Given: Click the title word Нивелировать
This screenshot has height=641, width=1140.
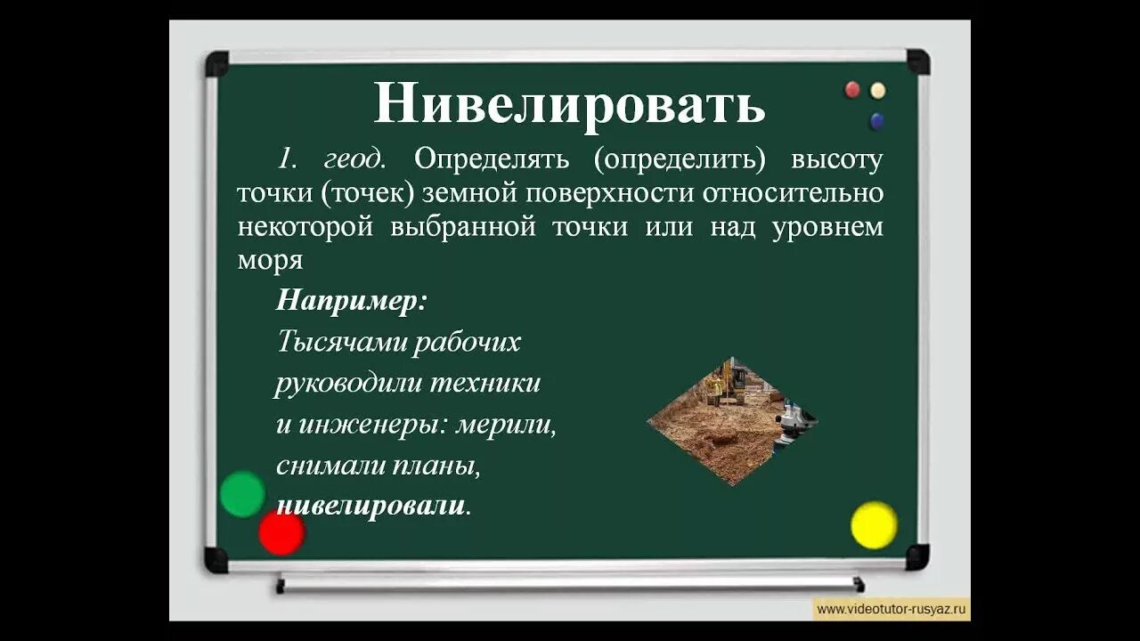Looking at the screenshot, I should (x=569, y=104).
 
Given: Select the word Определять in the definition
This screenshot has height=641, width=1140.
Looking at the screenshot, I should (x=492, y=159).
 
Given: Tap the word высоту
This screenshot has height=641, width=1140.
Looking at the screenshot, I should (x=836, y=159).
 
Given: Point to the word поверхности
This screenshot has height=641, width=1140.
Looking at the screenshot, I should (x=610, y=193).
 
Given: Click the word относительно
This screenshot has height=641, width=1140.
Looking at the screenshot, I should (x=796, y=193).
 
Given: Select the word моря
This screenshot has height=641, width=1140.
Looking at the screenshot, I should (x=270, y=261).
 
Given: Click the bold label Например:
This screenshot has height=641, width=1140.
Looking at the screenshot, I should (x=352, y=300).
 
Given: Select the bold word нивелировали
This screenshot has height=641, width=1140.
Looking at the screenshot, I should (x=370, y=506).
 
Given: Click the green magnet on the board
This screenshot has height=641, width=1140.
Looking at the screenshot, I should (x=242, y=494).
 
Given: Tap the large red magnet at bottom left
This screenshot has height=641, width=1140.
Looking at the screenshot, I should (x=281, y=532).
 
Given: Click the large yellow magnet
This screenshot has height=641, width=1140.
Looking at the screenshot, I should (x=874, y=524).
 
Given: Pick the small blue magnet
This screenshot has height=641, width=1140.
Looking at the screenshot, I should (x=877, y=120).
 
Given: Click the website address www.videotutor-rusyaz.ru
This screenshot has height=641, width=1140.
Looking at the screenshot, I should (x=892, y=609).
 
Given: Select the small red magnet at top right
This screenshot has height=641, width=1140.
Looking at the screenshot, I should (x=852, y=90).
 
